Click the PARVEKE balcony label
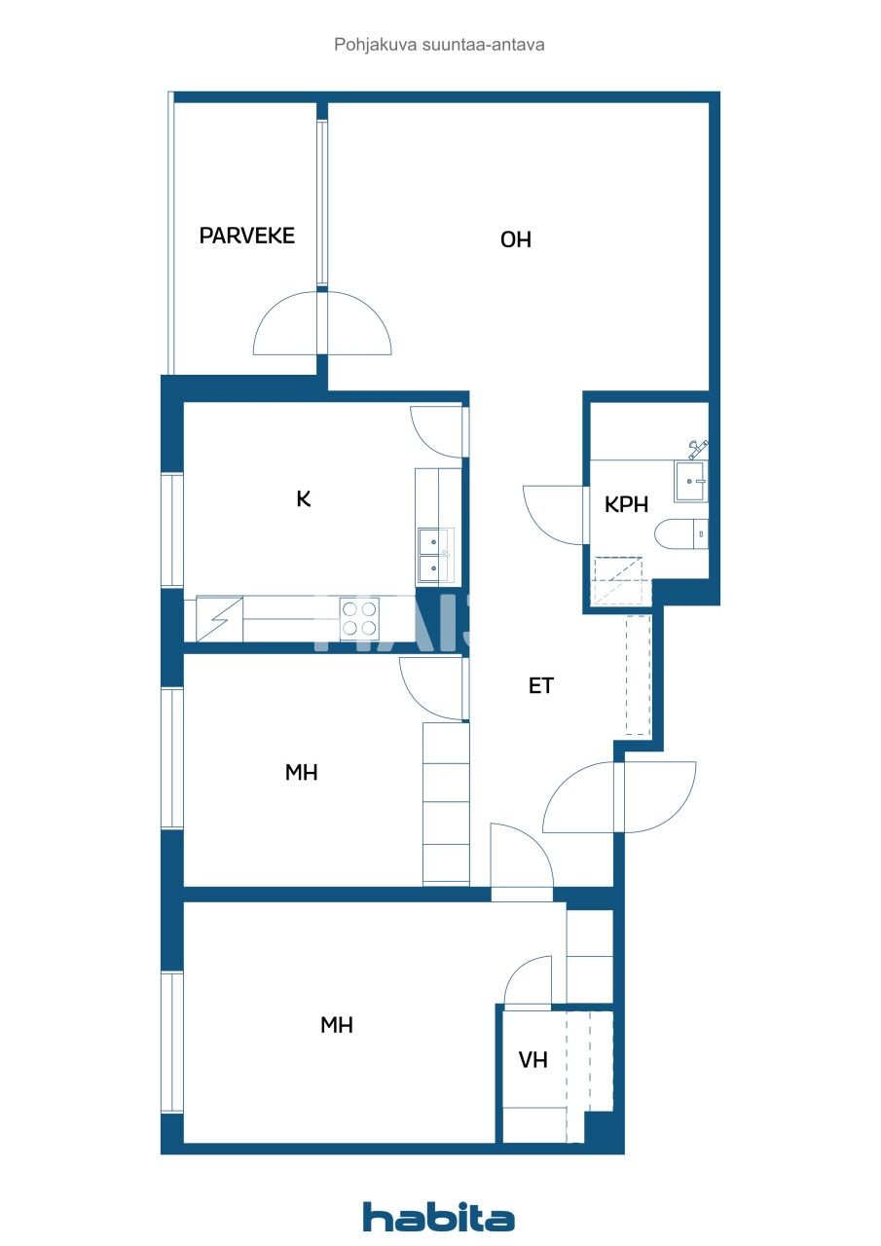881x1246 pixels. [x=246, y=236]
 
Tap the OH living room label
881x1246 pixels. [x=516, y=239]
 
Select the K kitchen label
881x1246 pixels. [x=304, y=499]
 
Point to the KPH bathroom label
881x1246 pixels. [x=626, y=503]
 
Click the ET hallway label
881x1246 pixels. [x=540, y=686]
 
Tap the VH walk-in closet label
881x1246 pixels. [x=532, y=1060]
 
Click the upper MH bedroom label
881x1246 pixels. [x=302, y=773]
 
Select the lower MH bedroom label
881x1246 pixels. [x=337, y=1025]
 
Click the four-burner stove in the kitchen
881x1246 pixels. [x=359, y=619]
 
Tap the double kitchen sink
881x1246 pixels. [x=435, y=555]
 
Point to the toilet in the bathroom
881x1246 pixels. [x=681, y=534]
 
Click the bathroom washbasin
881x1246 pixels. [x=691, y=481]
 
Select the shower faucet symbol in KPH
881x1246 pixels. [x=697, y=448]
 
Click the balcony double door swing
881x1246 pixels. [x=322, y=325]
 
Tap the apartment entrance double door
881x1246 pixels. [x=619, y=797]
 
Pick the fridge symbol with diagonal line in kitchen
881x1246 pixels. [x=219, y=619]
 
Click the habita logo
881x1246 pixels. [x=439, y=1217]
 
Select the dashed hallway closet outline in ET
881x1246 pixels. [x=637, y=675]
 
